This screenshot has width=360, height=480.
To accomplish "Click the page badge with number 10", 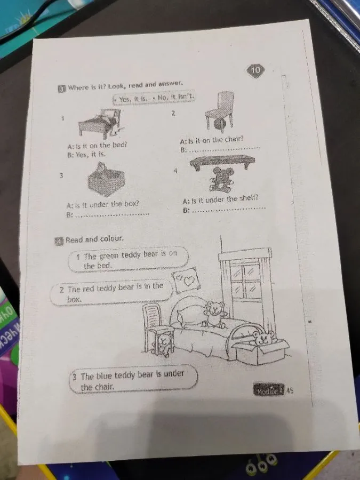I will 255,70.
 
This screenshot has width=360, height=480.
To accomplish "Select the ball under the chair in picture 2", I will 220,125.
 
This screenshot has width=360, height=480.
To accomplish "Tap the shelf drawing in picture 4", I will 221,161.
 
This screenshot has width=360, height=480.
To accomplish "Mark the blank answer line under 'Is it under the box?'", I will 113,214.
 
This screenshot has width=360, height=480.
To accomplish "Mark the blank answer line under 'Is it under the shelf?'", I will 228,210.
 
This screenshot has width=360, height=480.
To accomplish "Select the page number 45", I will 290,390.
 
